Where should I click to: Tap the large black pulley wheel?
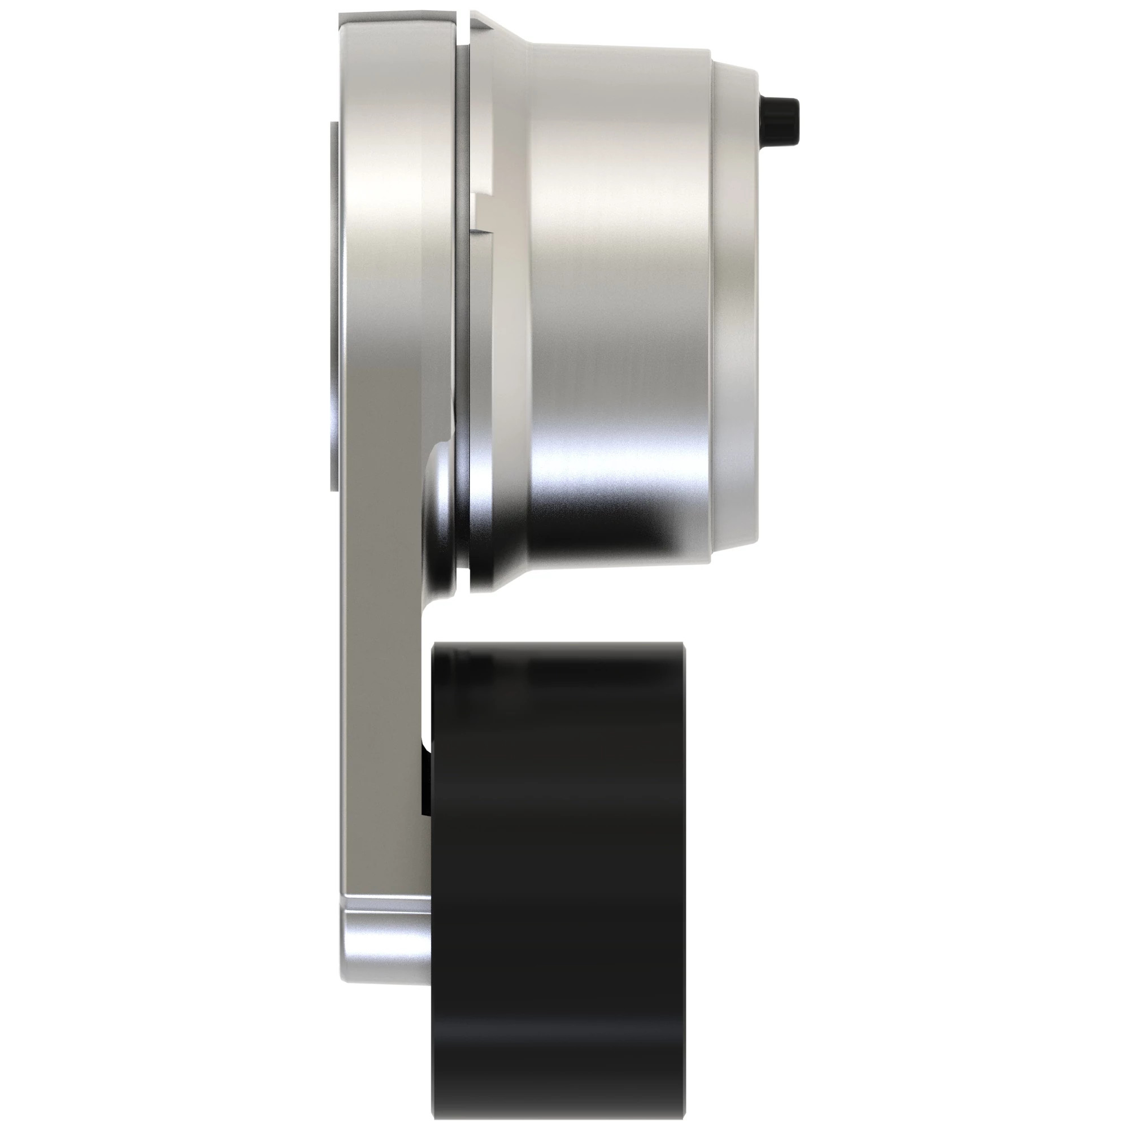pyautogui.click(x=557, y=848)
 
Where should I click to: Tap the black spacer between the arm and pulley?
pyautogui.click(x=425, y=778)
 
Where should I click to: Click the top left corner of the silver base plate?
pyautogui.click(x=344, y=16)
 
